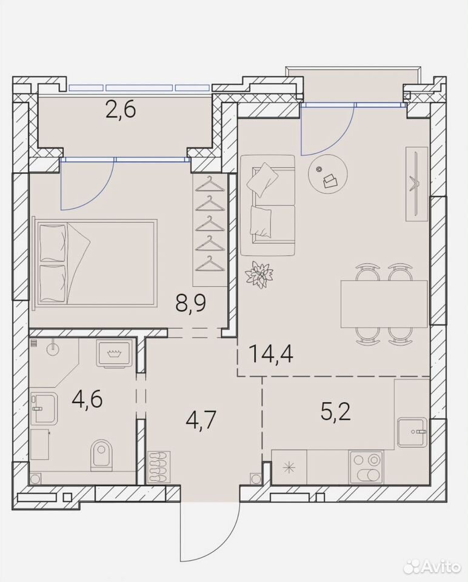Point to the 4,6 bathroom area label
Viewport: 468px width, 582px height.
click(x=87, y=399)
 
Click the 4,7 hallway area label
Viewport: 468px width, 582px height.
click(x=201, y=420)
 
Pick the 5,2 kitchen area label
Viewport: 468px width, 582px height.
click(x=336, y=412)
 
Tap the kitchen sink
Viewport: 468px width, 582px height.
click(x=412, y=432)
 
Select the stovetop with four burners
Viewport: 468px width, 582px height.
click(x=366, y=467)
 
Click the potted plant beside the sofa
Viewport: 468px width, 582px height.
click(x=260, y=274)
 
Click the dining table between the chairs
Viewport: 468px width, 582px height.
click(x=384, y=304)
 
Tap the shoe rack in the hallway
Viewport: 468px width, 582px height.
click(x=159, y=467)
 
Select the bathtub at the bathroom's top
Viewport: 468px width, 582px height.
click(x=113, y=353)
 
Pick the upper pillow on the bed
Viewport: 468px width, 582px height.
click(x=53, y=242)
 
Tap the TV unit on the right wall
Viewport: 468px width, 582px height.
click(x=417, y=184)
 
